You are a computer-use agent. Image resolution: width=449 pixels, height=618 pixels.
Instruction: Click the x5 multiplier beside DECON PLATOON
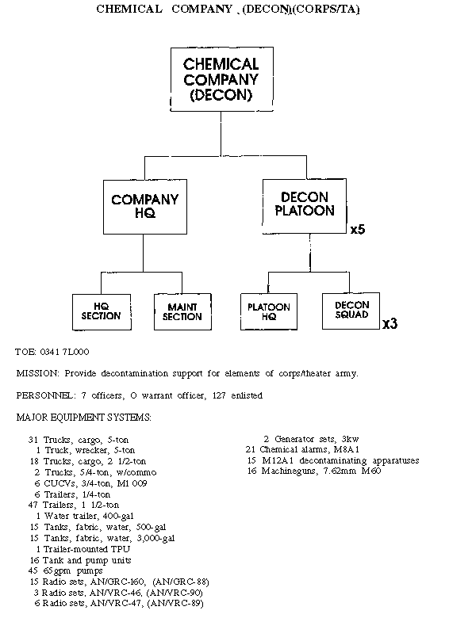(x=358, y=230)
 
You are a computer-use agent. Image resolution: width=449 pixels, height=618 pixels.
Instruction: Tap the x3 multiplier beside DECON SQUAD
(x=390, y=323)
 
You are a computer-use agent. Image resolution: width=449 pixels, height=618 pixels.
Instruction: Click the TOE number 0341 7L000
(x=65, y=352)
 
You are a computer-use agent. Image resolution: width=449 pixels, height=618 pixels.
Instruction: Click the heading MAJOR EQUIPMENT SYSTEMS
(x=83, y=418)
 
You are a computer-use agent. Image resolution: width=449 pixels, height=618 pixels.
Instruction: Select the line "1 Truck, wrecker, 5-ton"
(x=86, y=450)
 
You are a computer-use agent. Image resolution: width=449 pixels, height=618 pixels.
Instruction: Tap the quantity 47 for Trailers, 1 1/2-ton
(x=33, y=505)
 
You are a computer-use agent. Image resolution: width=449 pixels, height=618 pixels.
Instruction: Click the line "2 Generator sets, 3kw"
(x=311, y=439)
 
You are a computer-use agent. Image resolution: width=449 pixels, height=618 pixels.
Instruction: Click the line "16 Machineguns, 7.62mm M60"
(x=314, y=471)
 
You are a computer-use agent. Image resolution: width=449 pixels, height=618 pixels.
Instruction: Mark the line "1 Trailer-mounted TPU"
(x=83, y=549)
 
